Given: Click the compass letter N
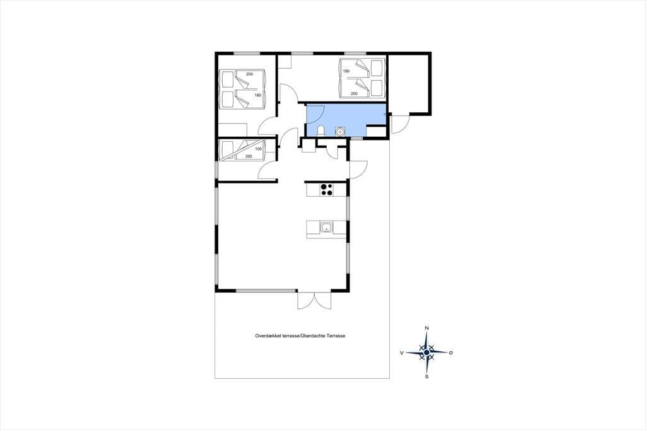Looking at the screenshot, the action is (427, 328).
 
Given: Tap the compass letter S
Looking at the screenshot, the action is (427, 376).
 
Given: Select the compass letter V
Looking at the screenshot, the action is (402, 353).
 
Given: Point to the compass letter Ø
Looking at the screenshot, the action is (451, 353).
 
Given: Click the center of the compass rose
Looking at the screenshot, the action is (427, 352).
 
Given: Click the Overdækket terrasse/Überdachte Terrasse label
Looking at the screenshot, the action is (300, 336).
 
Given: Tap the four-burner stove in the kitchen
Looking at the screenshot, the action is (327, 190).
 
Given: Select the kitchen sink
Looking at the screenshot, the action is (327, 228).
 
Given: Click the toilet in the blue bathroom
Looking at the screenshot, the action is (321, 131).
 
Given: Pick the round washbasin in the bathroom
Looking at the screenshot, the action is (340, 131).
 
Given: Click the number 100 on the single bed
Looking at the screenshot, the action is (258, 149).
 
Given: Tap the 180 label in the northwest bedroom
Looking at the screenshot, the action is (258, 95).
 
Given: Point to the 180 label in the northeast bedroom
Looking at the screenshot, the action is (346, 71).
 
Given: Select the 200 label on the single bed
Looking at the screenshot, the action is (249, 156).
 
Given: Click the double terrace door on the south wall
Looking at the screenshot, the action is (314, 300).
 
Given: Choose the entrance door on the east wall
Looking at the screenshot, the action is (358, 169).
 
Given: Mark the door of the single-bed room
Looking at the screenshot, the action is (267, 169).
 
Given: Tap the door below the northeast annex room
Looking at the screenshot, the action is (399, 124).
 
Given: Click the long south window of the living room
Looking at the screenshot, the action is (266, 291).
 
